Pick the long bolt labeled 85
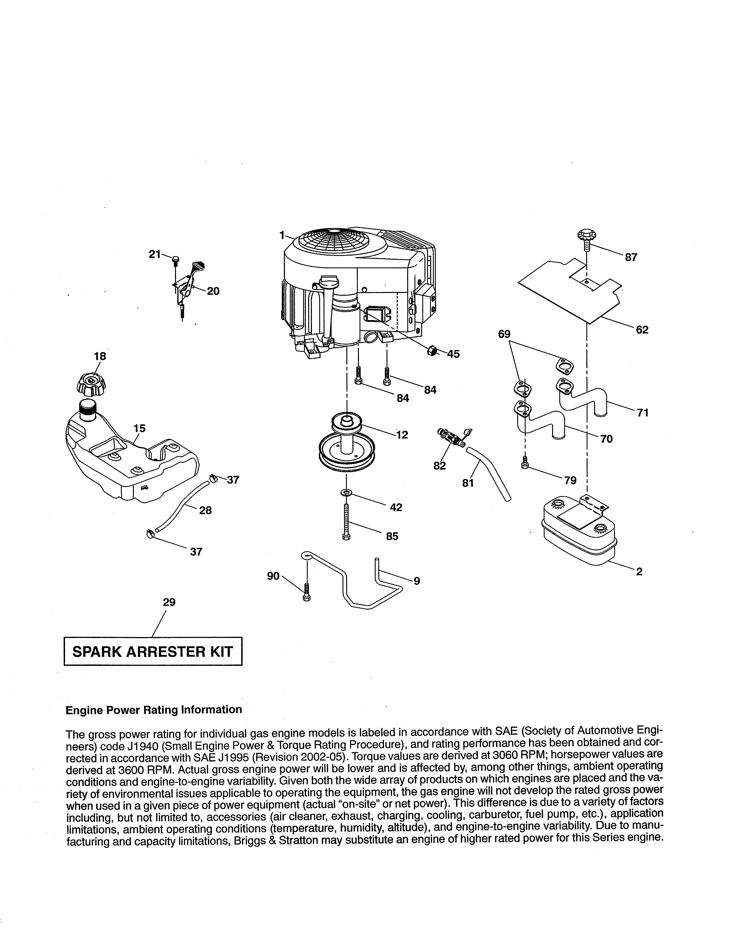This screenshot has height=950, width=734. click(346, 521)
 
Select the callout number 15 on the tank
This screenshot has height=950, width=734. click(139, 428)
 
